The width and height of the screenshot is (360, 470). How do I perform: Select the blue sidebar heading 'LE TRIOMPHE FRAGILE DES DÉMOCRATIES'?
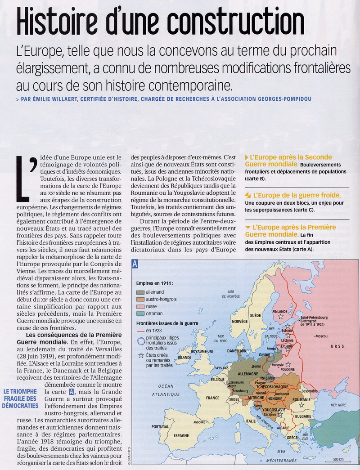click(x=19, y=398)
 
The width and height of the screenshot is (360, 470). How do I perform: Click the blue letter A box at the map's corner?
click(x=135, y=264)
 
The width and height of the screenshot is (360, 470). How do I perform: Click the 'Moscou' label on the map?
click(x=321, y=336)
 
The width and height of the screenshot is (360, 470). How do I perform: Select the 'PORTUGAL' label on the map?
click(x=160, y=426)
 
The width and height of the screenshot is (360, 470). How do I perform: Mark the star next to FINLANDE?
click(x=280, y=317)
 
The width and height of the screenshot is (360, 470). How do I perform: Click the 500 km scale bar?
click(x=338, y=462)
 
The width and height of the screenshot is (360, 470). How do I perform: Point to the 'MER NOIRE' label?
click(x=340, y=405)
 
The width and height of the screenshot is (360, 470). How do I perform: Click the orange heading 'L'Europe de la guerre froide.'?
click(x=297, y=196)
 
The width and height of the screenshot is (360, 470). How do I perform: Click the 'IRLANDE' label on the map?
click(x=184, y=357)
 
